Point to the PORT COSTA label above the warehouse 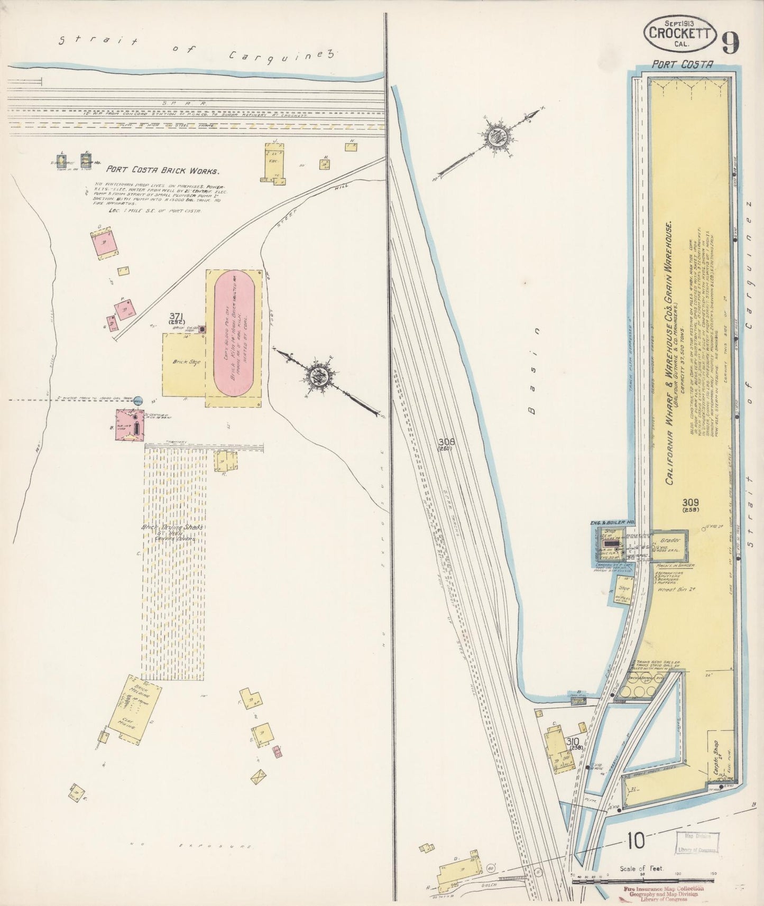[682, 64]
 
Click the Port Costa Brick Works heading [162, 170]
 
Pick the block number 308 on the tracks [446, 442]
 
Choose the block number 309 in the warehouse [691, 502]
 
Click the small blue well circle [139, 400]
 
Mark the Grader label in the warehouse [670, 541]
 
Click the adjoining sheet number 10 [637, 840]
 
